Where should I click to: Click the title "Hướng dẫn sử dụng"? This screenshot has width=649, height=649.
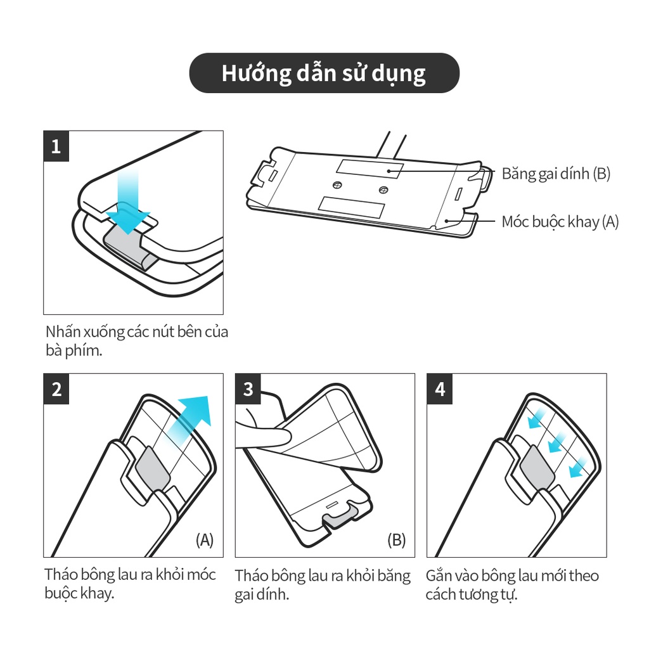pyautogui.click(x=324, y=74)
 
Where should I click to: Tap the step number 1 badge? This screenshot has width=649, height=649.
pyautogui.click(x=56, y=146)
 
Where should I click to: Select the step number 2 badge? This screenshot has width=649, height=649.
pyautogui.click(x=56, y=389)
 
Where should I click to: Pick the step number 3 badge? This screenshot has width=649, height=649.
pyautogui.click(x=248, y=389)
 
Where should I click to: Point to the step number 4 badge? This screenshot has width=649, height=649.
pyautogui.click(x=440, y=389)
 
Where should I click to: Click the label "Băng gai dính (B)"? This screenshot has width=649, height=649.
pyautogui.click(x=556, y=174)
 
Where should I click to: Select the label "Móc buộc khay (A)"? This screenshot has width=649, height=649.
pyautogui.click(x=560, y=222)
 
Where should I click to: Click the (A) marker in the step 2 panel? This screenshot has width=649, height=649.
pyautogui.click(x=205, y=540)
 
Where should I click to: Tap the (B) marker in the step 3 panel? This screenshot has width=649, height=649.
pyautogui.click(x=396, y=540)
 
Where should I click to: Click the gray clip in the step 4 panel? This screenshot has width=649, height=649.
pyautogui.click(x=537, y=468)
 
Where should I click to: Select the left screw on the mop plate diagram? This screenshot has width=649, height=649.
pyautogui.click(x=338, y=184)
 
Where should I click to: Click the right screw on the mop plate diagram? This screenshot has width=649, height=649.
pyautogui.click(x=383, y=190)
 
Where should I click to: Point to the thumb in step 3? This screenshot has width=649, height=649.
pyautogui.click(x=265, y=435)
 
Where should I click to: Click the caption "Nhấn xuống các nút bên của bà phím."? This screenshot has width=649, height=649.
pyautogui.click(x=137, y=341)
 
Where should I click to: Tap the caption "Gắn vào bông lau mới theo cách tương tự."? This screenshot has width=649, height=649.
pyautogui.click(x=512, y=585)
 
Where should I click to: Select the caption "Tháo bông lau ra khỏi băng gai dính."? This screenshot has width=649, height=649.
pyautogui.click(x=323, y=585)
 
